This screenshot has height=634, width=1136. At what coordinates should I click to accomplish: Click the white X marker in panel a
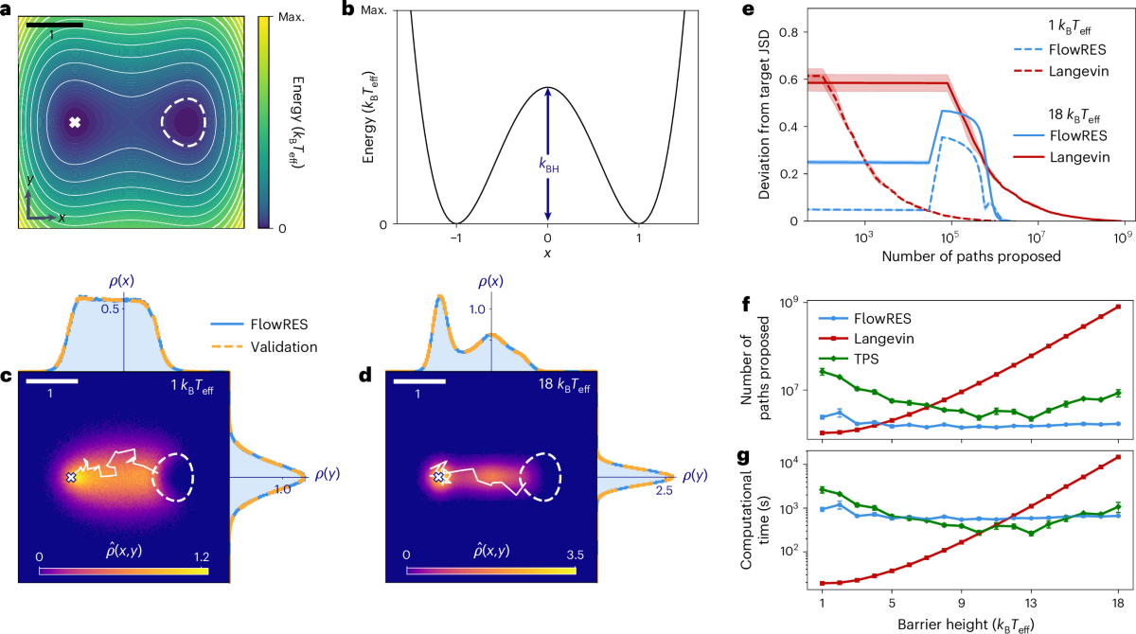click(76, 122)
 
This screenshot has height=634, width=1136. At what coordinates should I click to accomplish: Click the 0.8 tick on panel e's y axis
click(789, 31)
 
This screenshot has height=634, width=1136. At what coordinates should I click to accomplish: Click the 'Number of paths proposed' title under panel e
click(968, 255)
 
